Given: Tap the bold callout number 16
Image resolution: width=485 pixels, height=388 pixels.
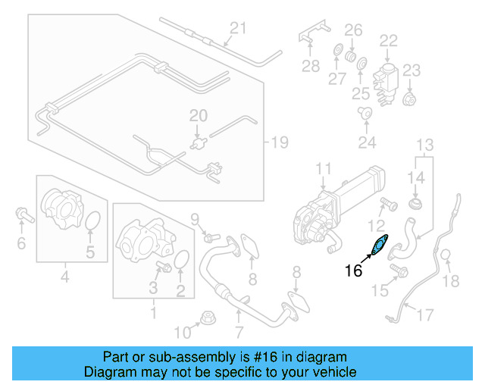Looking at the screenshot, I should point(354,271).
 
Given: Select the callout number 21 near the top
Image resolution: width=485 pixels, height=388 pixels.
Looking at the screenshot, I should point(238,29).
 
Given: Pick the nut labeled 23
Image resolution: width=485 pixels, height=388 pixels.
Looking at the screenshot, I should point(410,99).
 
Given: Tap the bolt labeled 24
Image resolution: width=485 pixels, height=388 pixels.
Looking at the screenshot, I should point(366,114).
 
